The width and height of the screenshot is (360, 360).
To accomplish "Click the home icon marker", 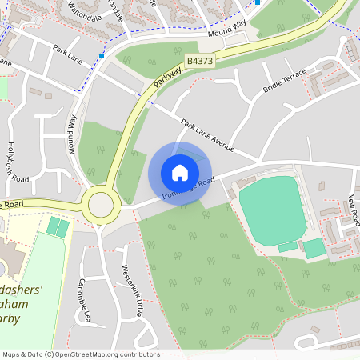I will tap(180, 172).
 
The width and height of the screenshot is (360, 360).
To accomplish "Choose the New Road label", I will tap(353, 207).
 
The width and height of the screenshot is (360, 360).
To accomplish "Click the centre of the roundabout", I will tap(101, 204).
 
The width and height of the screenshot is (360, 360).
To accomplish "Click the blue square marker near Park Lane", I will tap(102, 56).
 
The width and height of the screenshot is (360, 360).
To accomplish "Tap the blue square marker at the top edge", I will tap(258, 2).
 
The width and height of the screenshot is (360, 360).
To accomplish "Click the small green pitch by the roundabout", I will tap(58, 227).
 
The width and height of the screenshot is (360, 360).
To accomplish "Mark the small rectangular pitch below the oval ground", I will tap(314, 248).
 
